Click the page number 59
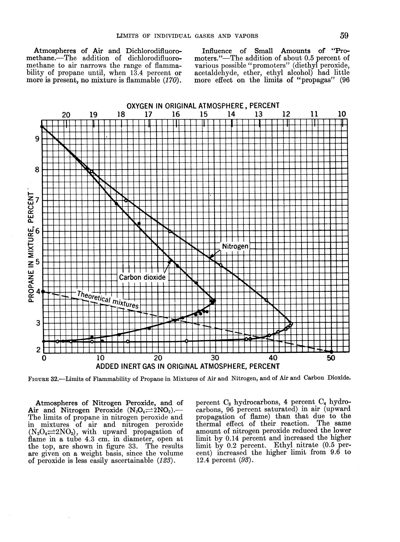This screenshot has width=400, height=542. pos(344,35)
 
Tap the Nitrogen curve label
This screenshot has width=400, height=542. pos(235,246)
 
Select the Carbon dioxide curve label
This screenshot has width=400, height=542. pos(142,277)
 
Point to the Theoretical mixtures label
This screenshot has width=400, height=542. pos(108,299)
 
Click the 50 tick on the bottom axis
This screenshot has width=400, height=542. pos(331,358)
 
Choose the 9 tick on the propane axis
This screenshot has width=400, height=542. pos(37,139)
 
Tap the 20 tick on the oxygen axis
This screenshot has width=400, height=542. pos(66,115)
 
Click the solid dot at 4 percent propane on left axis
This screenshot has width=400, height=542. pos(43,292)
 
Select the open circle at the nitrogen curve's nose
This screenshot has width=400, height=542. pos(291,324)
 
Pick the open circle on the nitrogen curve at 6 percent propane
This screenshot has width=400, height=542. pos(170,231)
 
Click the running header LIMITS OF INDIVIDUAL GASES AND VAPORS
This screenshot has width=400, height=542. pos(187,36)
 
